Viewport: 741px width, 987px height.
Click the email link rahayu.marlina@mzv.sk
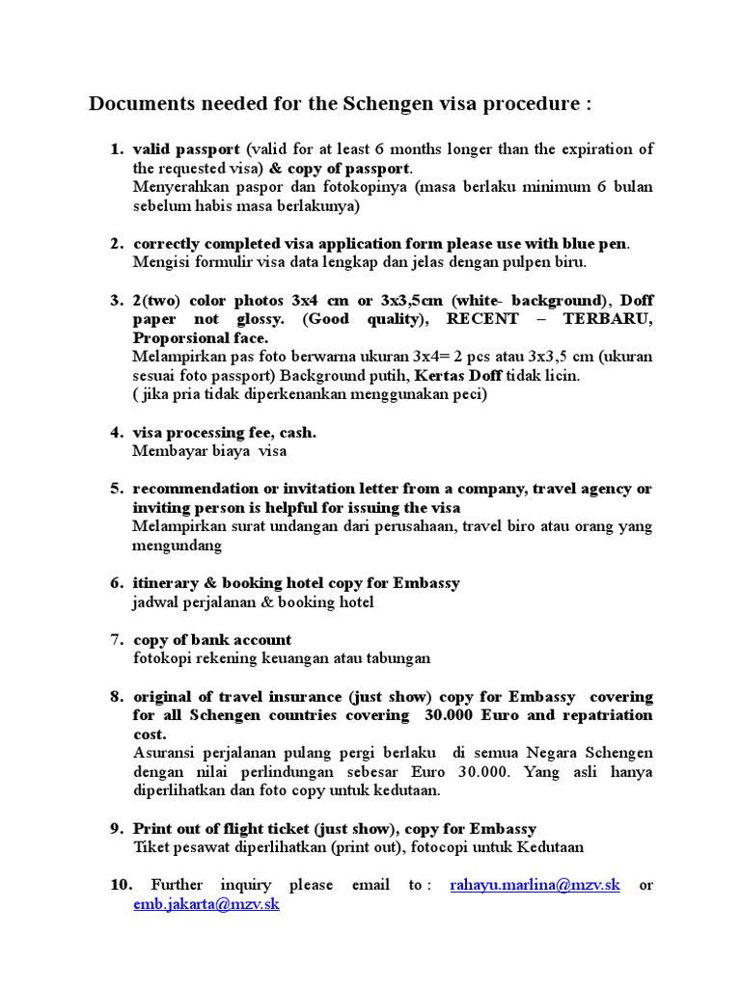click(535, 885)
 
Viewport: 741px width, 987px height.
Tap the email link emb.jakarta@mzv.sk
click(206, 904)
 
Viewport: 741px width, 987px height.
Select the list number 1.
click(116, 149)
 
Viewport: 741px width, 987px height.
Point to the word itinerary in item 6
click(167, 583)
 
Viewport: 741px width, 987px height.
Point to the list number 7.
click(117, 640)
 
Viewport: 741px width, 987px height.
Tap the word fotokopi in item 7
click(161, 658)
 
